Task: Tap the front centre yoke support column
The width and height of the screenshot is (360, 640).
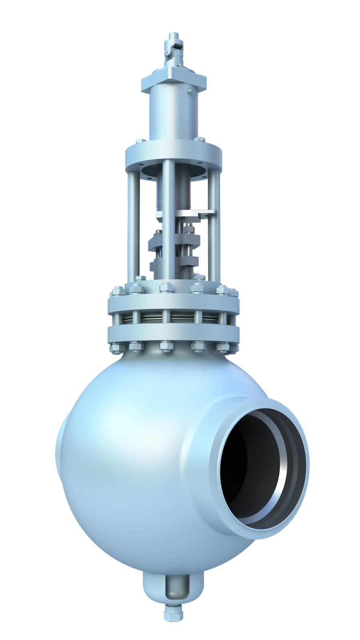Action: [x=168, y=224]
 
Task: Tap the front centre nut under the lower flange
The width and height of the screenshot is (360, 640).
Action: [x=165, y=346]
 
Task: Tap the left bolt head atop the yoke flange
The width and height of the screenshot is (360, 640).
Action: [x=140, y=141]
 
